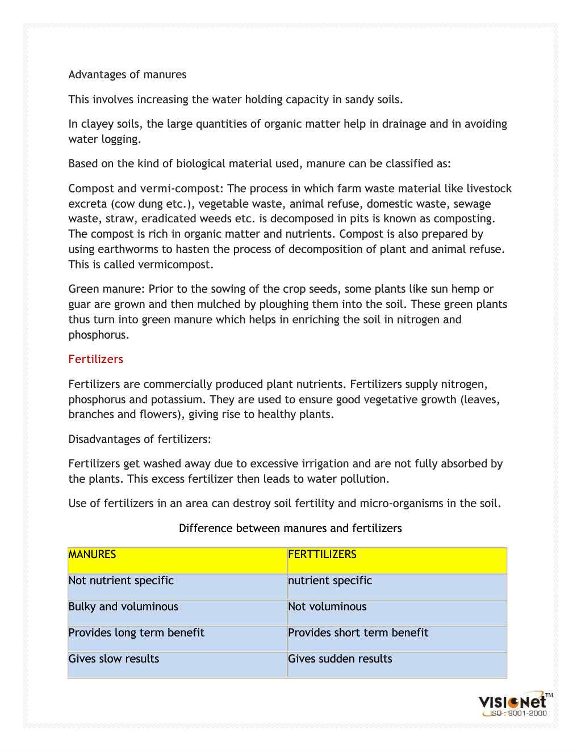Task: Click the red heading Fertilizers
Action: [x=95, y=359]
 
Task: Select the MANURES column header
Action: [x=92, y=555]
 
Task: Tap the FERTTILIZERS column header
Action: [x=322, y=555]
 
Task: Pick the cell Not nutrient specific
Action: [x=121, y=581]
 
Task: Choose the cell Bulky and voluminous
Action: [x=123, y=607]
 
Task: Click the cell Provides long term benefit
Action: [x=136, y=633]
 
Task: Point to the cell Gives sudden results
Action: [x=340, y=659]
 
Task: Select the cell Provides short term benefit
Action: [x=358, y=633]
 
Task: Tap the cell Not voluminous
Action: [x=327, y=607]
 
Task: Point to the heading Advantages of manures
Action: [x=127, y=75]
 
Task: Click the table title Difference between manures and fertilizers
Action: [x=290, y=529]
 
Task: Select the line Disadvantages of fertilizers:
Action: [x=140, y=440]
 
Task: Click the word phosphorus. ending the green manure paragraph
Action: [x=99, y=335]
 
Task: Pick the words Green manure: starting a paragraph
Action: [x=107, y=289]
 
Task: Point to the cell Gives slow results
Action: [x=114, y=659]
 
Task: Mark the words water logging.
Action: [x=105, y=140]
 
